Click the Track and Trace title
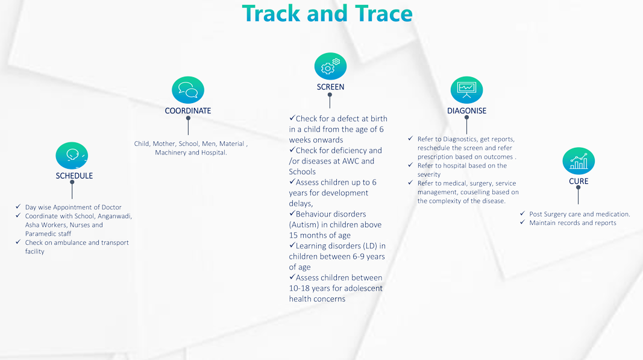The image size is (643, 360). tap(327, 13)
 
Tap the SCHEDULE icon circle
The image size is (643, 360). tap(72, 156)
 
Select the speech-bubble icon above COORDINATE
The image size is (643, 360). tap(188, 90)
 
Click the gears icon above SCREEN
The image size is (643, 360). tap(330, 66)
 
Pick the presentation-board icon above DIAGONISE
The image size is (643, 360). tap(466, 90)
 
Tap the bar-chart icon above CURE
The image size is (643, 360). tap(579, 161)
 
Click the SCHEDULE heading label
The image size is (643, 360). tap(74, 175)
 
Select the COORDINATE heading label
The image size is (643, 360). tap(188, 111)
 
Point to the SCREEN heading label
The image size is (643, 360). tap(330, 87)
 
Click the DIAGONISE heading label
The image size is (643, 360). tap(466, 111)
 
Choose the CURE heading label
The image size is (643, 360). tap(579, 181)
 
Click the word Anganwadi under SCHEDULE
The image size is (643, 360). tap(114, 216)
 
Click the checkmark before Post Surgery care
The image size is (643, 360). tap(522, 213)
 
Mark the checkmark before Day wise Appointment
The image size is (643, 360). tap(18, 206)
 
